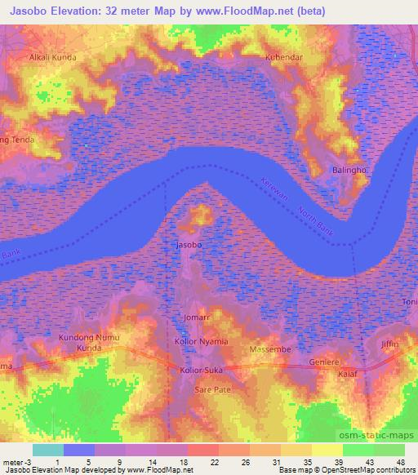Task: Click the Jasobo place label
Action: click(x=189, y=244)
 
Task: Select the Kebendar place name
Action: click(x=284, y=58)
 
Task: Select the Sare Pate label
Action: click(x=212, y=390)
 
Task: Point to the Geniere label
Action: click(x=324, y=361)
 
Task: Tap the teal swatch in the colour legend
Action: click(x=48, y=450)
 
